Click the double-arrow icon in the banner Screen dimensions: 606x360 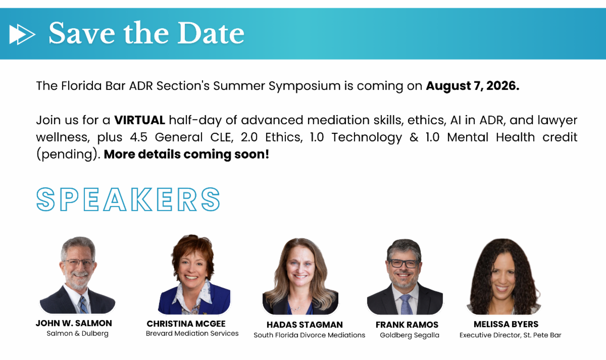click(x=22, y=34)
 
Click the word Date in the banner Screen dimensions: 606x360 click(x=211, y=33)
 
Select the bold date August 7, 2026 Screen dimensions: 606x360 click(x=473, y=86)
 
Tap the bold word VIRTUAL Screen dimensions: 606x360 click(x=139, y=120)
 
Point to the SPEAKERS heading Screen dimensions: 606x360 click(x=128, y=199)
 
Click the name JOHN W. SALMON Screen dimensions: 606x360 click(x=74, y=323)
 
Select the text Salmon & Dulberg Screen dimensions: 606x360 click(x=77, y=334)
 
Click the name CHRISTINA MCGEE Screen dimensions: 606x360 click(x=186, y=324)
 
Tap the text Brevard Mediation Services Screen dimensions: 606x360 click(x=192, y=334)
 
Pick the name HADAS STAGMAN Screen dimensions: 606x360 click(x=305, y=325)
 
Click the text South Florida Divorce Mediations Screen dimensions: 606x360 click(x=309, y=335)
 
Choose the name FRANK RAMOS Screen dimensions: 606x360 click(x=407, y=325)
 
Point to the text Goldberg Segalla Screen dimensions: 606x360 click(x=410, y=335)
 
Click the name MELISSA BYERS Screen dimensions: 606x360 click(x=506, y=324)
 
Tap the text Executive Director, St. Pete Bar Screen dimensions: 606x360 click(x=510, y=335)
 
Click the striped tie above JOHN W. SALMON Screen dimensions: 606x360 click(x=83, y=304)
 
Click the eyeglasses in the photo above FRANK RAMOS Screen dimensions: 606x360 click(x=403, y=263)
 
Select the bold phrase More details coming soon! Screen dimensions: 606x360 click(x=186, y=154)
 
